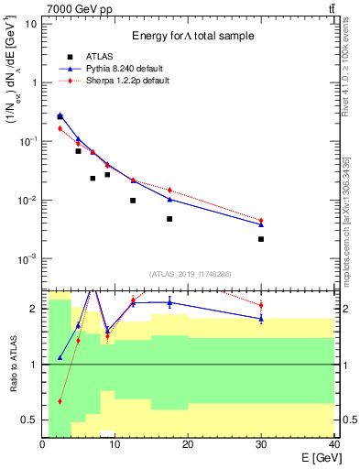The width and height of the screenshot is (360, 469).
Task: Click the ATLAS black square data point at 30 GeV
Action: (261, 239)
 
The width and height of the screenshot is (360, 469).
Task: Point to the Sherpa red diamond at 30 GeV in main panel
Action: (261, 221)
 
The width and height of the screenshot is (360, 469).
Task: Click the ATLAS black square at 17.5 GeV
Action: (169, 219)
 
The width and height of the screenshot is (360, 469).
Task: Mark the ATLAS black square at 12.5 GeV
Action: (133, 201)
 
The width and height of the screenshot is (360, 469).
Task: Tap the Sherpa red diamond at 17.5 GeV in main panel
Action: (169, 191)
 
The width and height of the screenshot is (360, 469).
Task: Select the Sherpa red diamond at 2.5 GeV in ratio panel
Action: (60, 401)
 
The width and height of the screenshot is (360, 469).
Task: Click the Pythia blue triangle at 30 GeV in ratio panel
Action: (261, 318)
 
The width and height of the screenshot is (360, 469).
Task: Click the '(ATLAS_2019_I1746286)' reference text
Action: (188, 274)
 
